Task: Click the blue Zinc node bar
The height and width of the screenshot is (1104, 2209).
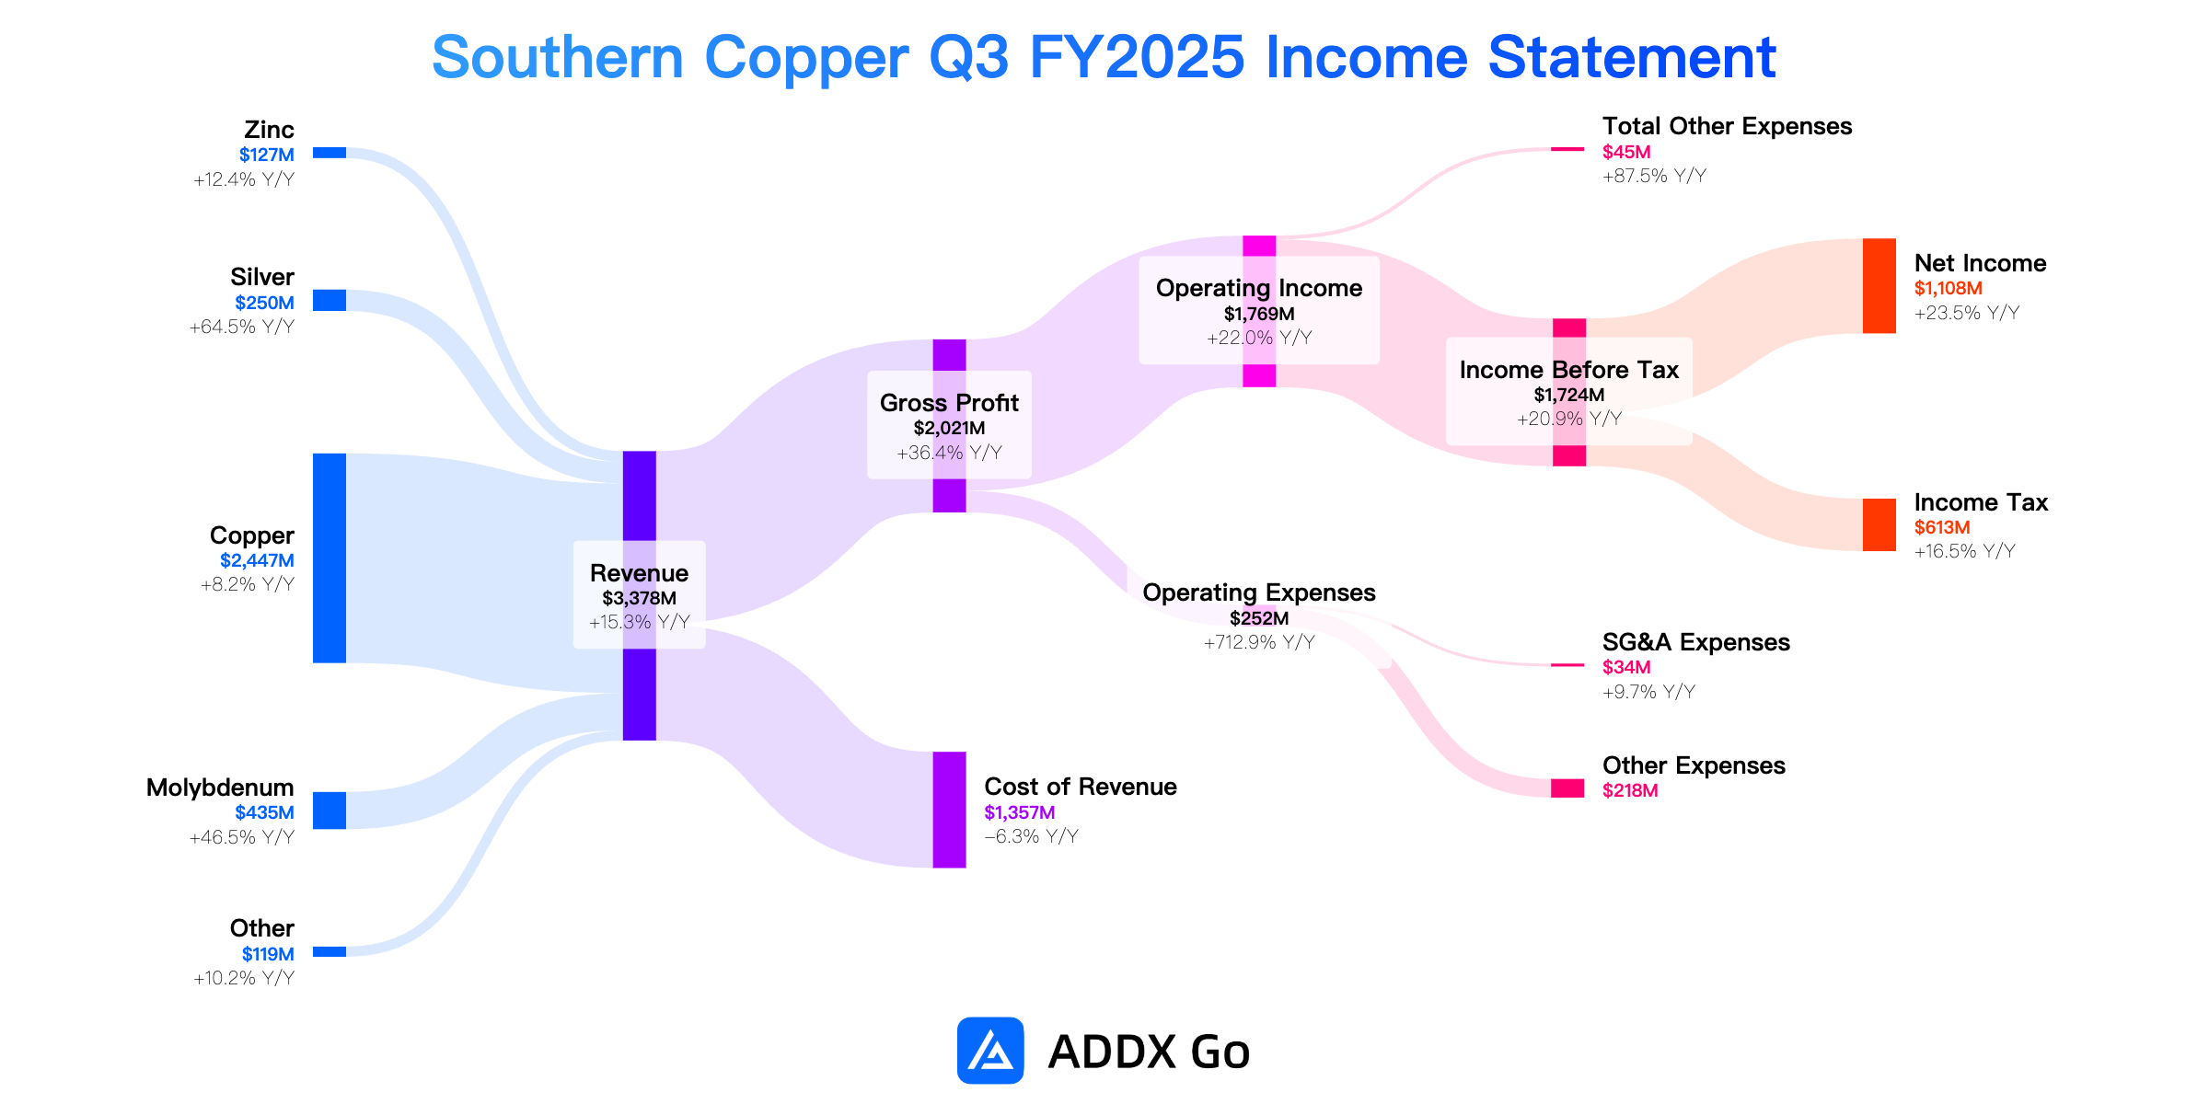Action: pyautogui.click(x=330, y=153)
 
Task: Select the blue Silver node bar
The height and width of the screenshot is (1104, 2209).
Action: pyautogui.click(x=330, y=301)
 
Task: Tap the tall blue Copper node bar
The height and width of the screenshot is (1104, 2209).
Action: pyautogui.click(x=330, y=558)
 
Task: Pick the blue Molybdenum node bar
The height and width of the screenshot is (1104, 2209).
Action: pyautogui.click(x=330, y=811)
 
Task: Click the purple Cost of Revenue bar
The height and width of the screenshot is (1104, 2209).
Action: pyautogui.click(x=950, y=810)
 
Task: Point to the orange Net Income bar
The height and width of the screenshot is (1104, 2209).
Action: pyautogui.click(x=1879, y=286)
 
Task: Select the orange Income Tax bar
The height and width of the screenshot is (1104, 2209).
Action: pyautogui.click(x=1879, y=525)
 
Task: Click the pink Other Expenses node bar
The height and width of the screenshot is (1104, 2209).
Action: pyautogui.click(x=1567, y=788)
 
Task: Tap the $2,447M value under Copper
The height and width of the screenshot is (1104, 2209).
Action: pyautogui.click(x=257, y=560)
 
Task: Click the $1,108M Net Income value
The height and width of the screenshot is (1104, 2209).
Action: pyautogui.click(x=1949, y=288)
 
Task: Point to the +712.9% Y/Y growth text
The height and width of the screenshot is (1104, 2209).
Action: pyautogui.click(x=1259, y=642)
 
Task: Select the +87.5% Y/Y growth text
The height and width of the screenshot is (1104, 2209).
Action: pyautogui.click(x=1654, y=176)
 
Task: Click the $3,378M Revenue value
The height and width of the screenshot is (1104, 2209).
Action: pyautogui.click(x=640, y=598)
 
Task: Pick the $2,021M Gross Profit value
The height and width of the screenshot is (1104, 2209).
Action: pyautogui.click(x=950, y=428)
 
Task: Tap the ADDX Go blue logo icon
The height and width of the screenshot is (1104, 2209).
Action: pyautogui.click(x=990, y=1051)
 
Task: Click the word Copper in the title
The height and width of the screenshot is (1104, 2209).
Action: pyautogui.click(x=807, y=57)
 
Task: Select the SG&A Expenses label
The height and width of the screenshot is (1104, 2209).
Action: pyautogui.click(x=1696, y=642)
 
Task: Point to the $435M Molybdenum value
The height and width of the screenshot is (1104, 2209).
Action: pyautogui.click(x=264, y=812)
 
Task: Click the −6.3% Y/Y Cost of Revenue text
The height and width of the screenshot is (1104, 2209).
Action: pyautogui.click(x=1031, y=836)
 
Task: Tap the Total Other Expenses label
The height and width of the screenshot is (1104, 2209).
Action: pyautogui.click(x=1728, y=126)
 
